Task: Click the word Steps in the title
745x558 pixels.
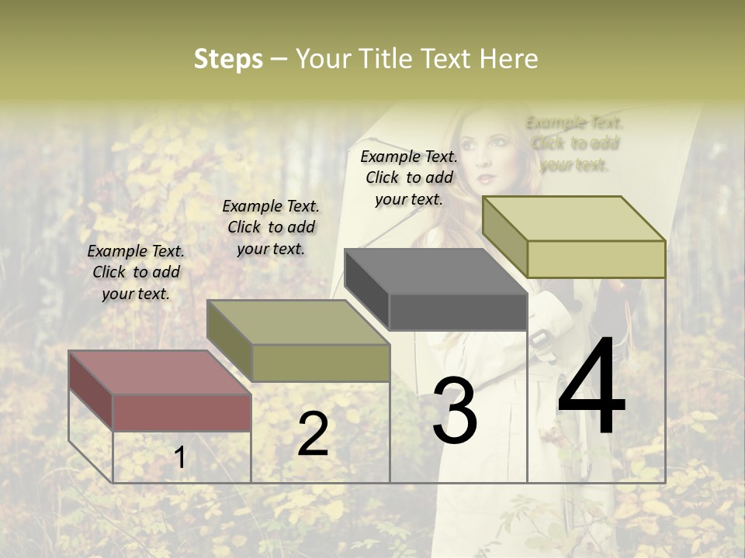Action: coord(228,59)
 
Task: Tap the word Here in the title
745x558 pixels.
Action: coord(509,59)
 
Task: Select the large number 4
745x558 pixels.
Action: coord(591,387)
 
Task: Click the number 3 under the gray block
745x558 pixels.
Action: coord(455,411)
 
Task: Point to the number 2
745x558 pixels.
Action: coord(313,434)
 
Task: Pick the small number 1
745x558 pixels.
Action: coord(180,458)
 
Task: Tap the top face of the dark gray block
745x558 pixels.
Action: coord(435,271)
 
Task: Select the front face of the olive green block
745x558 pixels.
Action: coord(321,363)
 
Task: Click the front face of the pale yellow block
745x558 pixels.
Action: coord(596,259)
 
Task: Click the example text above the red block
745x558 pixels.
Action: coord(136,272)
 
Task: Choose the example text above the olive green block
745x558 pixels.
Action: coord(271,227)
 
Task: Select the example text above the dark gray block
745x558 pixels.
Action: coord(409,177)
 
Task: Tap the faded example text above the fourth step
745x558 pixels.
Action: coord(574,143)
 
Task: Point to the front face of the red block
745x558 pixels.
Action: coord(182,412)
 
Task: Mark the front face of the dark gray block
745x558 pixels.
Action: coord(458,312)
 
